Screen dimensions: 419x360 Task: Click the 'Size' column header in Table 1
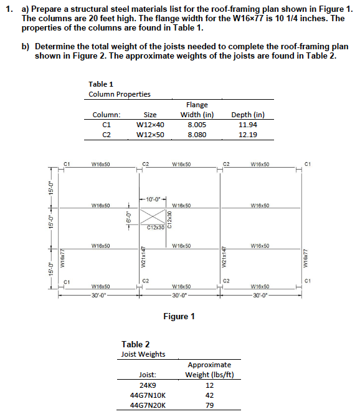tap(150, 114)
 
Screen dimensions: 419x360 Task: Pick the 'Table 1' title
tap(101, 85)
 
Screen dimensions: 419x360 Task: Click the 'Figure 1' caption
tap(179, 317)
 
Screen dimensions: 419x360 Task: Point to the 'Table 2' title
tap(135, 344)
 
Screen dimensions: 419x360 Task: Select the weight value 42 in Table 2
tap(209, 394)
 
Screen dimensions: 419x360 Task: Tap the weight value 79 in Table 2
tap(209, 404)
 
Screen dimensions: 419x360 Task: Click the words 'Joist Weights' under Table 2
tap(143, 354)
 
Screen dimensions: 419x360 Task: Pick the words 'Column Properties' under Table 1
tap(120, 94)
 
